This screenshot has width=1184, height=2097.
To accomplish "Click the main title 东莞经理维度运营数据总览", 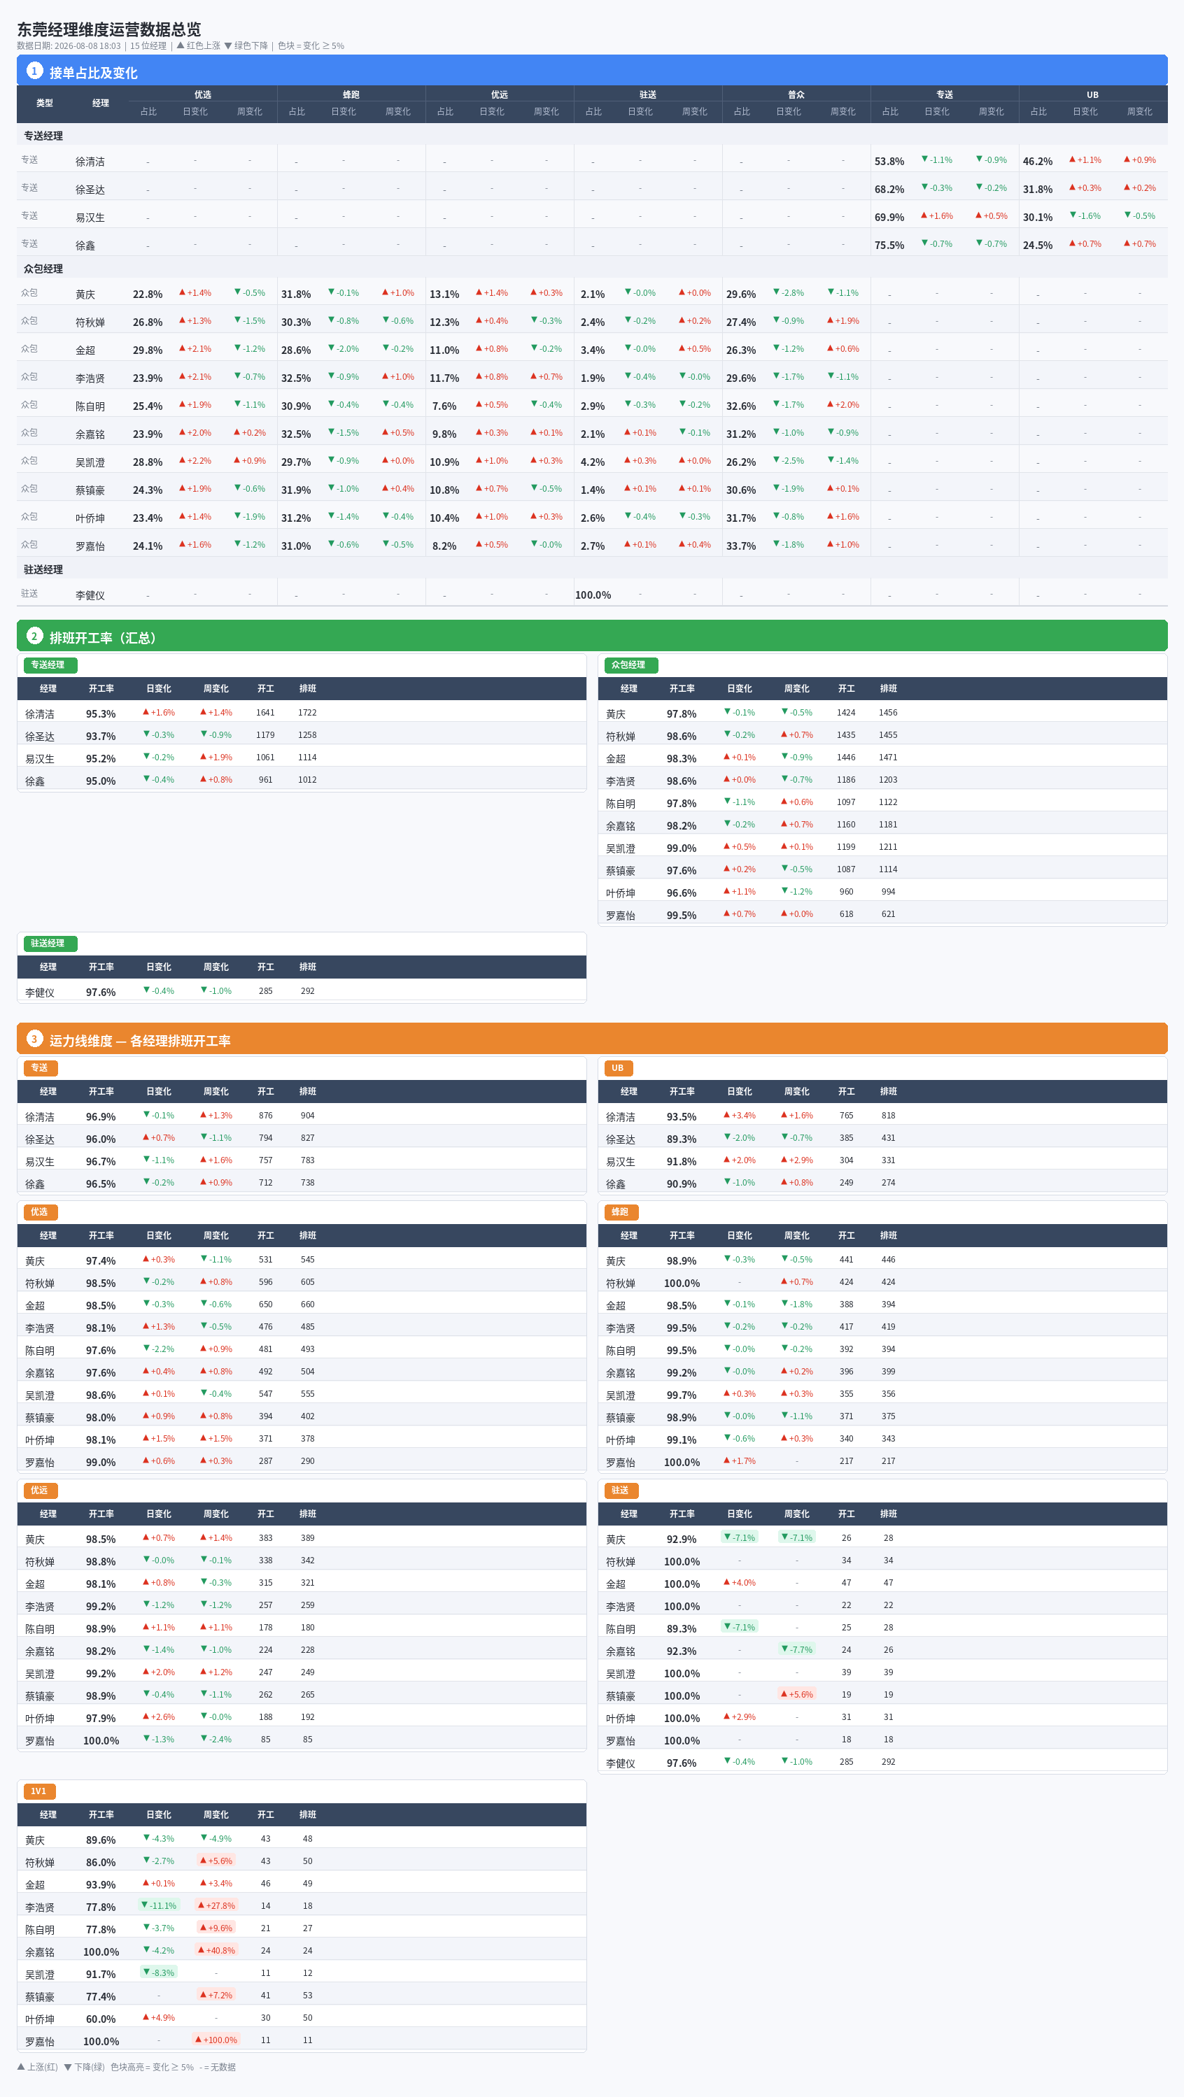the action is [109, 29].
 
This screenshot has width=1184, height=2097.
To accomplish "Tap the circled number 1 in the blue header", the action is [34, 71].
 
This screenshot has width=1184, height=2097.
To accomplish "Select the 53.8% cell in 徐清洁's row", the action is [889, 161].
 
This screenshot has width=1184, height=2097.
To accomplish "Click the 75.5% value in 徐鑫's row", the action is [889, 245].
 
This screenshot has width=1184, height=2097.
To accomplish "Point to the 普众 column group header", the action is [796, 94].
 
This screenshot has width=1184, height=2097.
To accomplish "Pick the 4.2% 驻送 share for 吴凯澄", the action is [593, 462].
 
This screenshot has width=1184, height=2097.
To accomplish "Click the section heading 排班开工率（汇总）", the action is [103, 637].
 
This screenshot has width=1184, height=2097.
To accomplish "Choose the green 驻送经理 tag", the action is [48, 944].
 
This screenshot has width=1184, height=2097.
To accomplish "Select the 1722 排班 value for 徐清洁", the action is [307, 712].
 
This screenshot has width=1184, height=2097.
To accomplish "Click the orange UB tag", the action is [618, 1068].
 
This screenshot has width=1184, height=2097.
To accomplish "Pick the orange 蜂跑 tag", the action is [621, 1212].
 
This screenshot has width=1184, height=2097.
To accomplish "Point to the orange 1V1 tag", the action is [39, 1791].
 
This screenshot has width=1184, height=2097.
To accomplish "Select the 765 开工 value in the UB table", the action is [847, 1115].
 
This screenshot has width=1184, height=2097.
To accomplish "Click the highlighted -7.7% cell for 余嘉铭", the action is [797, 1649].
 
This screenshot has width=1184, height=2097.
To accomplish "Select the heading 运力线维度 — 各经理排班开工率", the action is [140, 1040].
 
